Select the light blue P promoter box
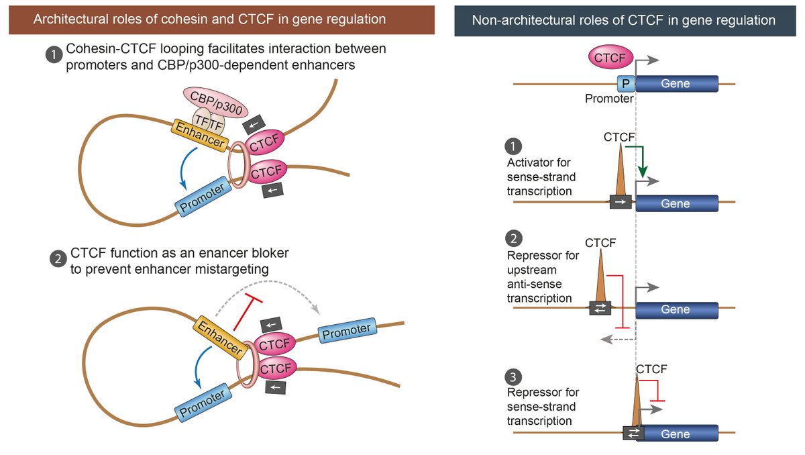626,84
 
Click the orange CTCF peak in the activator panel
621,172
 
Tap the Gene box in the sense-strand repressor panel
676,434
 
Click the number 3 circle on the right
515,376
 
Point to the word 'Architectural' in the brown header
68,19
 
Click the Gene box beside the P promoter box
676,84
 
